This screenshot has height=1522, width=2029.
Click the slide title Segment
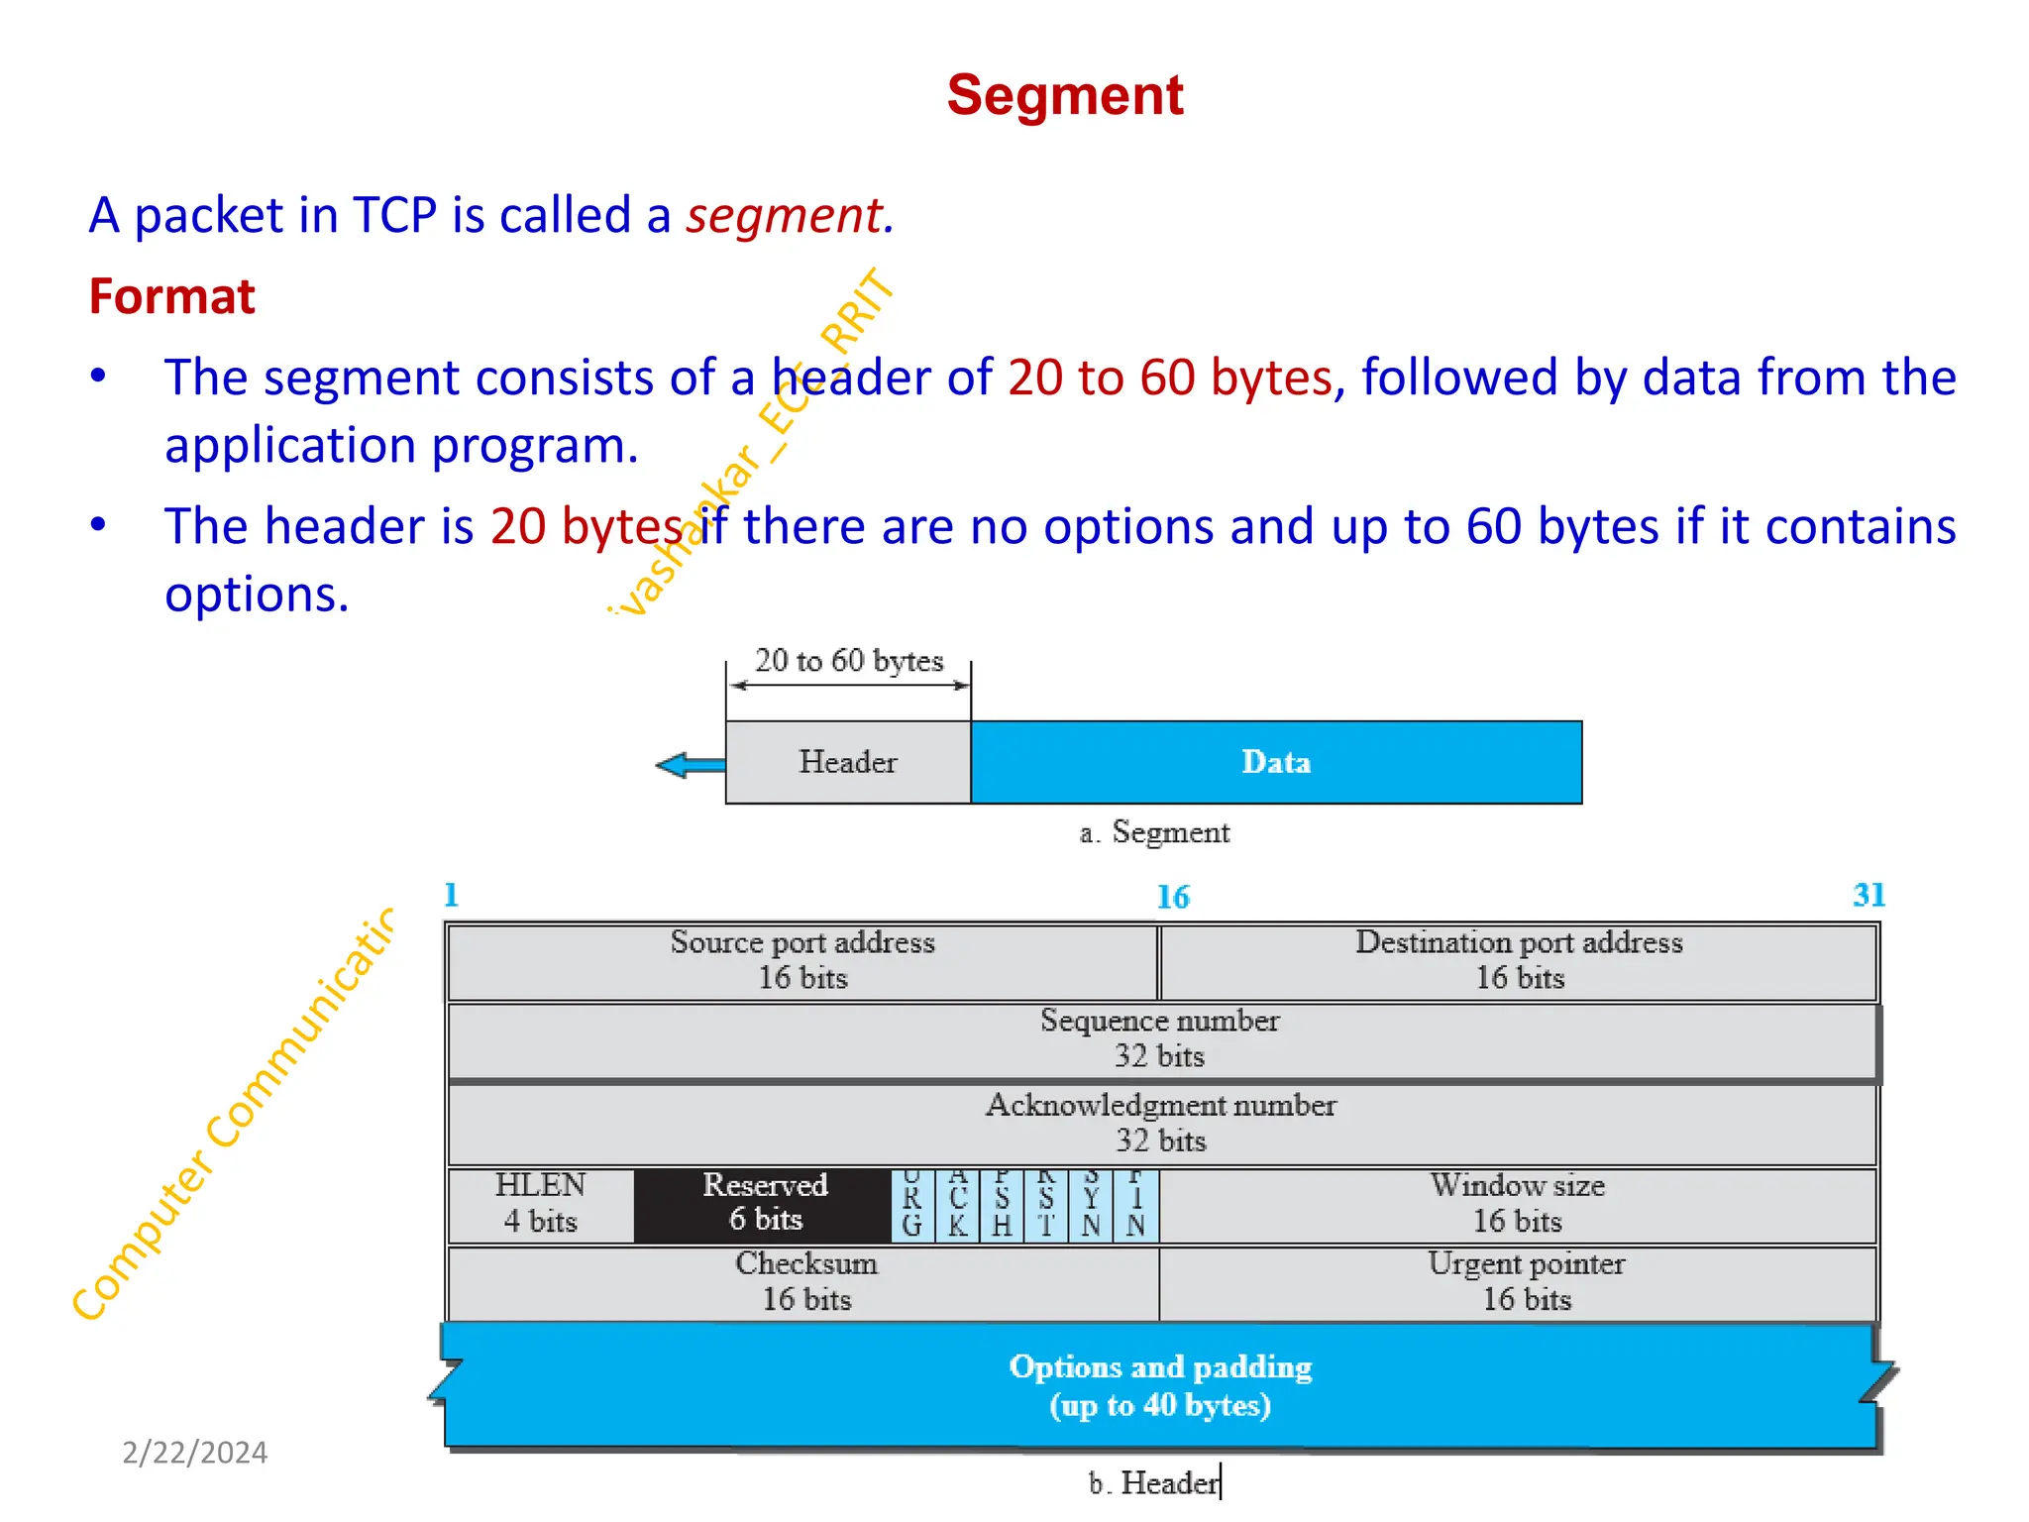1065,96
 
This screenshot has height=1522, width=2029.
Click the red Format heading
171,296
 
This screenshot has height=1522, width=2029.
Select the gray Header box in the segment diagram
848,762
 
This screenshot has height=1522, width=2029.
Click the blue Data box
1276,762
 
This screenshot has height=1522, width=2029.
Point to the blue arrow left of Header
691,765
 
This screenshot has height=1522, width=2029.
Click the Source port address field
802,960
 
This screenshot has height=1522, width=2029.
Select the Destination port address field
1519,960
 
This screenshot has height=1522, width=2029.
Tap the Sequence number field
1160,1039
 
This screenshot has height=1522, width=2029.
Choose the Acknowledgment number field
1160,1124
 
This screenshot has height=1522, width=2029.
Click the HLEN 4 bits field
541,1204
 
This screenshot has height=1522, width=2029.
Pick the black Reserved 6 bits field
764,1204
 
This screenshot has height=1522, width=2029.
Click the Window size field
1517,1204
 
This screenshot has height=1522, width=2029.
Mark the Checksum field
805,1282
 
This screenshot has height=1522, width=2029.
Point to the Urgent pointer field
1526,1282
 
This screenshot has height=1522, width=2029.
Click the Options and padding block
1160,1386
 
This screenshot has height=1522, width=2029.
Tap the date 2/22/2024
194,1453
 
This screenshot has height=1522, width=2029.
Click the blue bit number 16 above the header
1173,898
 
